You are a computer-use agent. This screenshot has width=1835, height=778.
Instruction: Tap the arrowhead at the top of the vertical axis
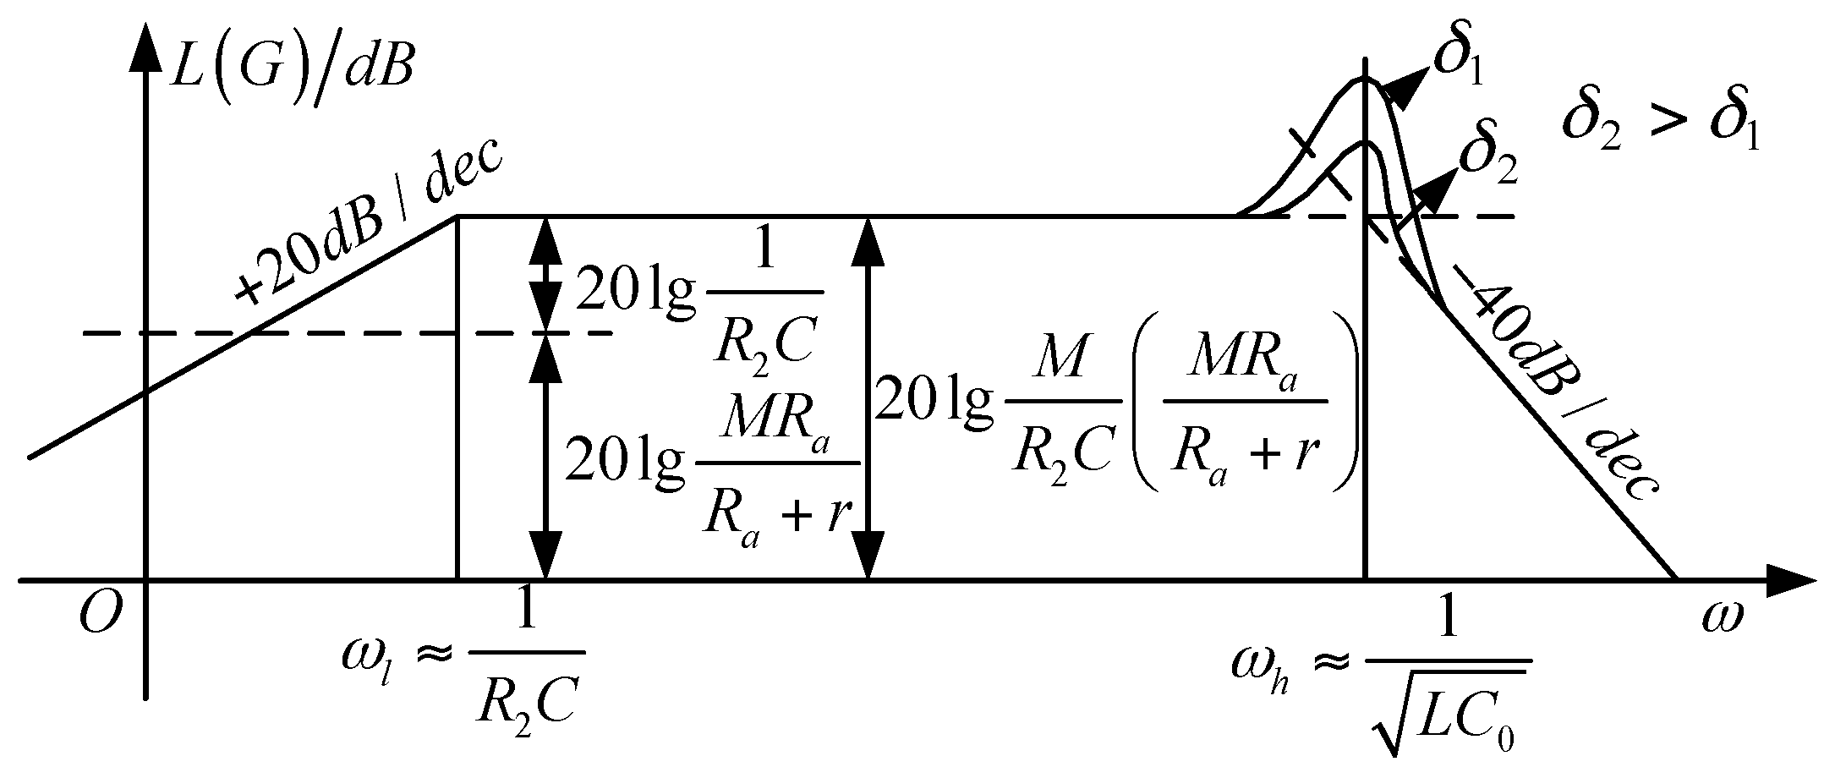146,52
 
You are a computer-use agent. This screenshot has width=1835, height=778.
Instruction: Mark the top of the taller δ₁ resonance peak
1364,79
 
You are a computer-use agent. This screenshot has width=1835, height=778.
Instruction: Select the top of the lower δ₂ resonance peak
1364,141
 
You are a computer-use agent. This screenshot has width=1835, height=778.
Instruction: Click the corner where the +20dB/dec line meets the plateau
457,216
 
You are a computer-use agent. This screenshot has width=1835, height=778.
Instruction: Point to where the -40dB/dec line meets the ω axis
1676,580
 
